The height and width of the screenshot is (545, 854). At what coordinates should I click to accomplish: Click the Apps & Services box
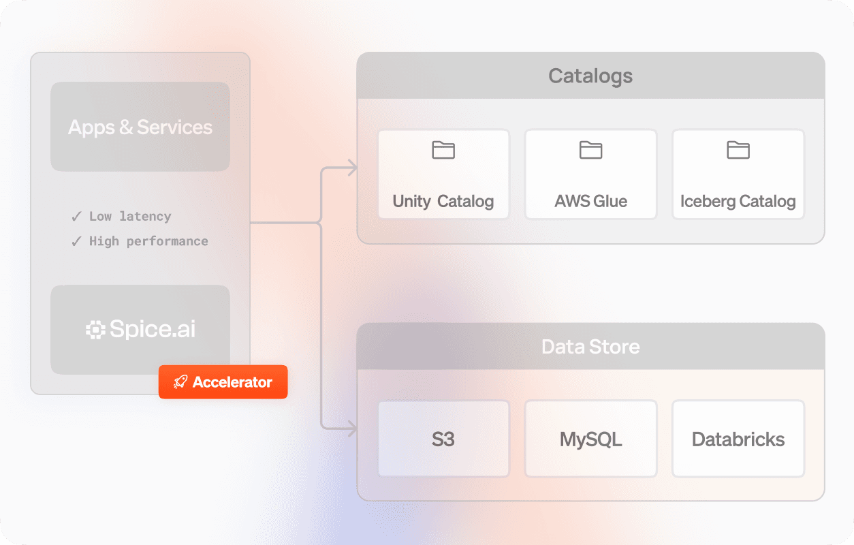[x=140, y=127]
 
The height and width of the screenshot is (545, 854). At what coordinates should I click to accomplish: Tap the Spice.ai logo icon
[x=95, y=330]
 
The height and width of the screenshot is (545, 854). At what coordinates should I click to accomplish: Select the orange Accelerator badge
[x=223, y=382]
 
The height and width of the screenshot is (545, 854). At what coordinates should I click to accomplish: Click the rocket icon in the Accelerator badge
[x=180, y=382]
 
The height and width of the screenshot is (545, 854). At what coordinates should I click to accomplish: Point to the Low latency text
[x=130, y=217]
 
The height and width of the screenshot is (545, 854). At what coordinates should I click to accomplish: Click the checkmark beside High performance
[x=77, y=241]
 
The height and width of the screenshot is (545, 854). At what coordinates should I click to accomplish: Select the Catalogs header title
[x=590, y=76]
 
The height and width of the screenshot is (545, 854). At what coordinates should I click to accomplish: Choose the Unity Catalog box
[x=443, y=174]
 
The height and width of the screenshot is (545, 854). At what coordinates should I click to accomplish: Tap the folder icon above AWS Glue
[x=590, y=150]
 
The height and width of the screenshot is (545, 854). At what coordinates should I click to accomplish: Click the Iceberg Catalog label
[x=738, y=202]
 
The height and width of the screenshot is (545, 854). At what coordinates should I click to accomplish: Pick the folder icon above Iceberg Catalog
[x=738, y=150]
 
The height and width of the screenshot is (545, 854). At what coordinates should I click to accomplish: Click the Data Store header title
[x=590, y=347]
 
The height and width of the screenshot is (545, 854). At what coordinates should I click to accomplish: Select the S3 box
[x=443, y=439]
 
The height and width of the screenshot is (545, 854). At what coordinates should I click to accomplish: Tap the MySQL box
[x=590, y=439]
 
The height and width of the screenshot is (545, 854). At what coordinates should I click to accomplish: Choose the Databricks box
[x=738, y=439]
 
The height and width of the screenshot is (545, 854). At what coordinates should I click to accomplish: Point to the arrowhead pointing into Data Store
[x=352, y=429]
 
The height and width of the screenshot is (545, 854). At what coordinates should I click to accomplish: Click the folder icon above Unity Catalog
[x=443, y=150]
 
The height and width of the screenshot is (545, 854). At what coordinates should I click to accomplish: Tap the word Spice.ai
[x=153, y=330]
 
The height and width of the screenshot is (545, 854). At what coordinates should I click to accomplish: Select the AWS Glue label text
[x=590, y=202]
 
